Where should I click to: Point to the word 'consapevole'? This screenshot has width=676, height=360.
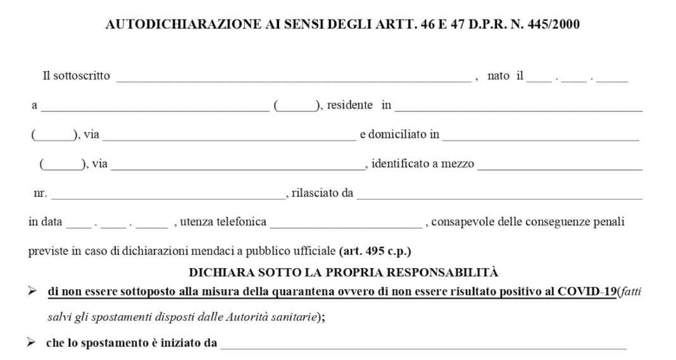459,222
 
